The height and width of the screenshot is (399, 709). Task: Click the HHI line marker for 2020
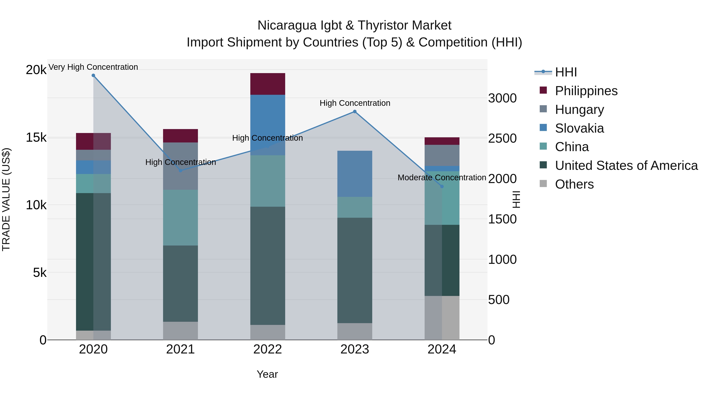point(93,75)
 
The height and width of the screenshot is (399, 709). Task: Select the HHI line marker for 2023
point(355,112)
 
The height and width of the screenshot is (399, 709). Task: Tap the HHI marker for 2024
point(442,186)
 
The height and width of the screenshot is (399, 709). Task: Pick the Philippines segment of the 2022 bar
point(267,84)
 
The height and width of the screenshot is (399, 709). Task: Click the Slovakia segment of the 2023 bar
point(355,174)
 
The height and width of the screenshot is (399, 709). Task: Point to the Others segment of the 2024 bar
point(442,318)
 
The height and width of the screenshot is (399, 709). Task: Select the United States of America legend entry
point(626,166)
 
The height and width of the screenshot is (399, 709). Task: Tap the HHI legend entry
point(566,72)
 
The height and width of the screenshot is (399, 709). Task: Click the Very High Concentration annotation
point(93,67)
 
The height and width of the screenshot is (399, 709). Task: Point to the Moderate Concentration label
point(442,178)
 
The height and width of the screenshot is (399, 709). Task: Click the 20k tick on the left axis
point(36,70)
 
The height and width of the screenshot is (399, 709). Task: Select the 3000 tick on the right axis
point(502,98)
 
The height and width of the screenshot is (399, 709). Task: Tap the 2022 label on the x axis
point(267,349)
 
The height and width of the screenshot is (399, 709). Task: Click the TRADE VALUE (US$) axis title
point(6,199)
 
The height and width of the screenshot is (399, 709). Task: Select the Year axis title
point(267,374)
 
